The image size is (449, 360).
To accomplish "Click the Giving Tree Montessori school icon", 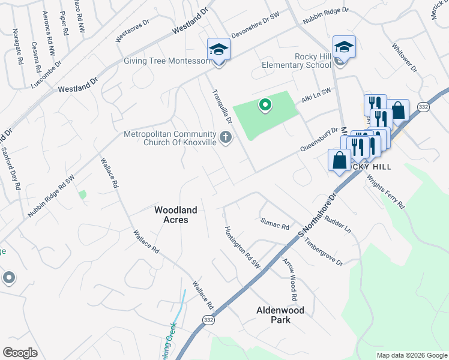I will tap(218, 50).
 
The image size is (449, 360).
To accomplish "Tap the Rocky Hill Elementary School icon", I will tap(345, 47).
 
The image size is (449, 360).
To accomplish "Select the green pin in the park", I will tap(264, 106).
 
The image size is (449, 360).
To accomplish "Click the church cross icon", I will tap(226, 138).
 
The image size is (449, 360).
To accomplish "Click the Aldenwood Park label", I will tap(280, 315).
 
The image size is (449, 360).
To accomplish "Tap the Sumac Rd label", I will tap(276, 224).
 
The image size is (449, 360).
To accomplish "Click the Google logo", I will tap(20, 353).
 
